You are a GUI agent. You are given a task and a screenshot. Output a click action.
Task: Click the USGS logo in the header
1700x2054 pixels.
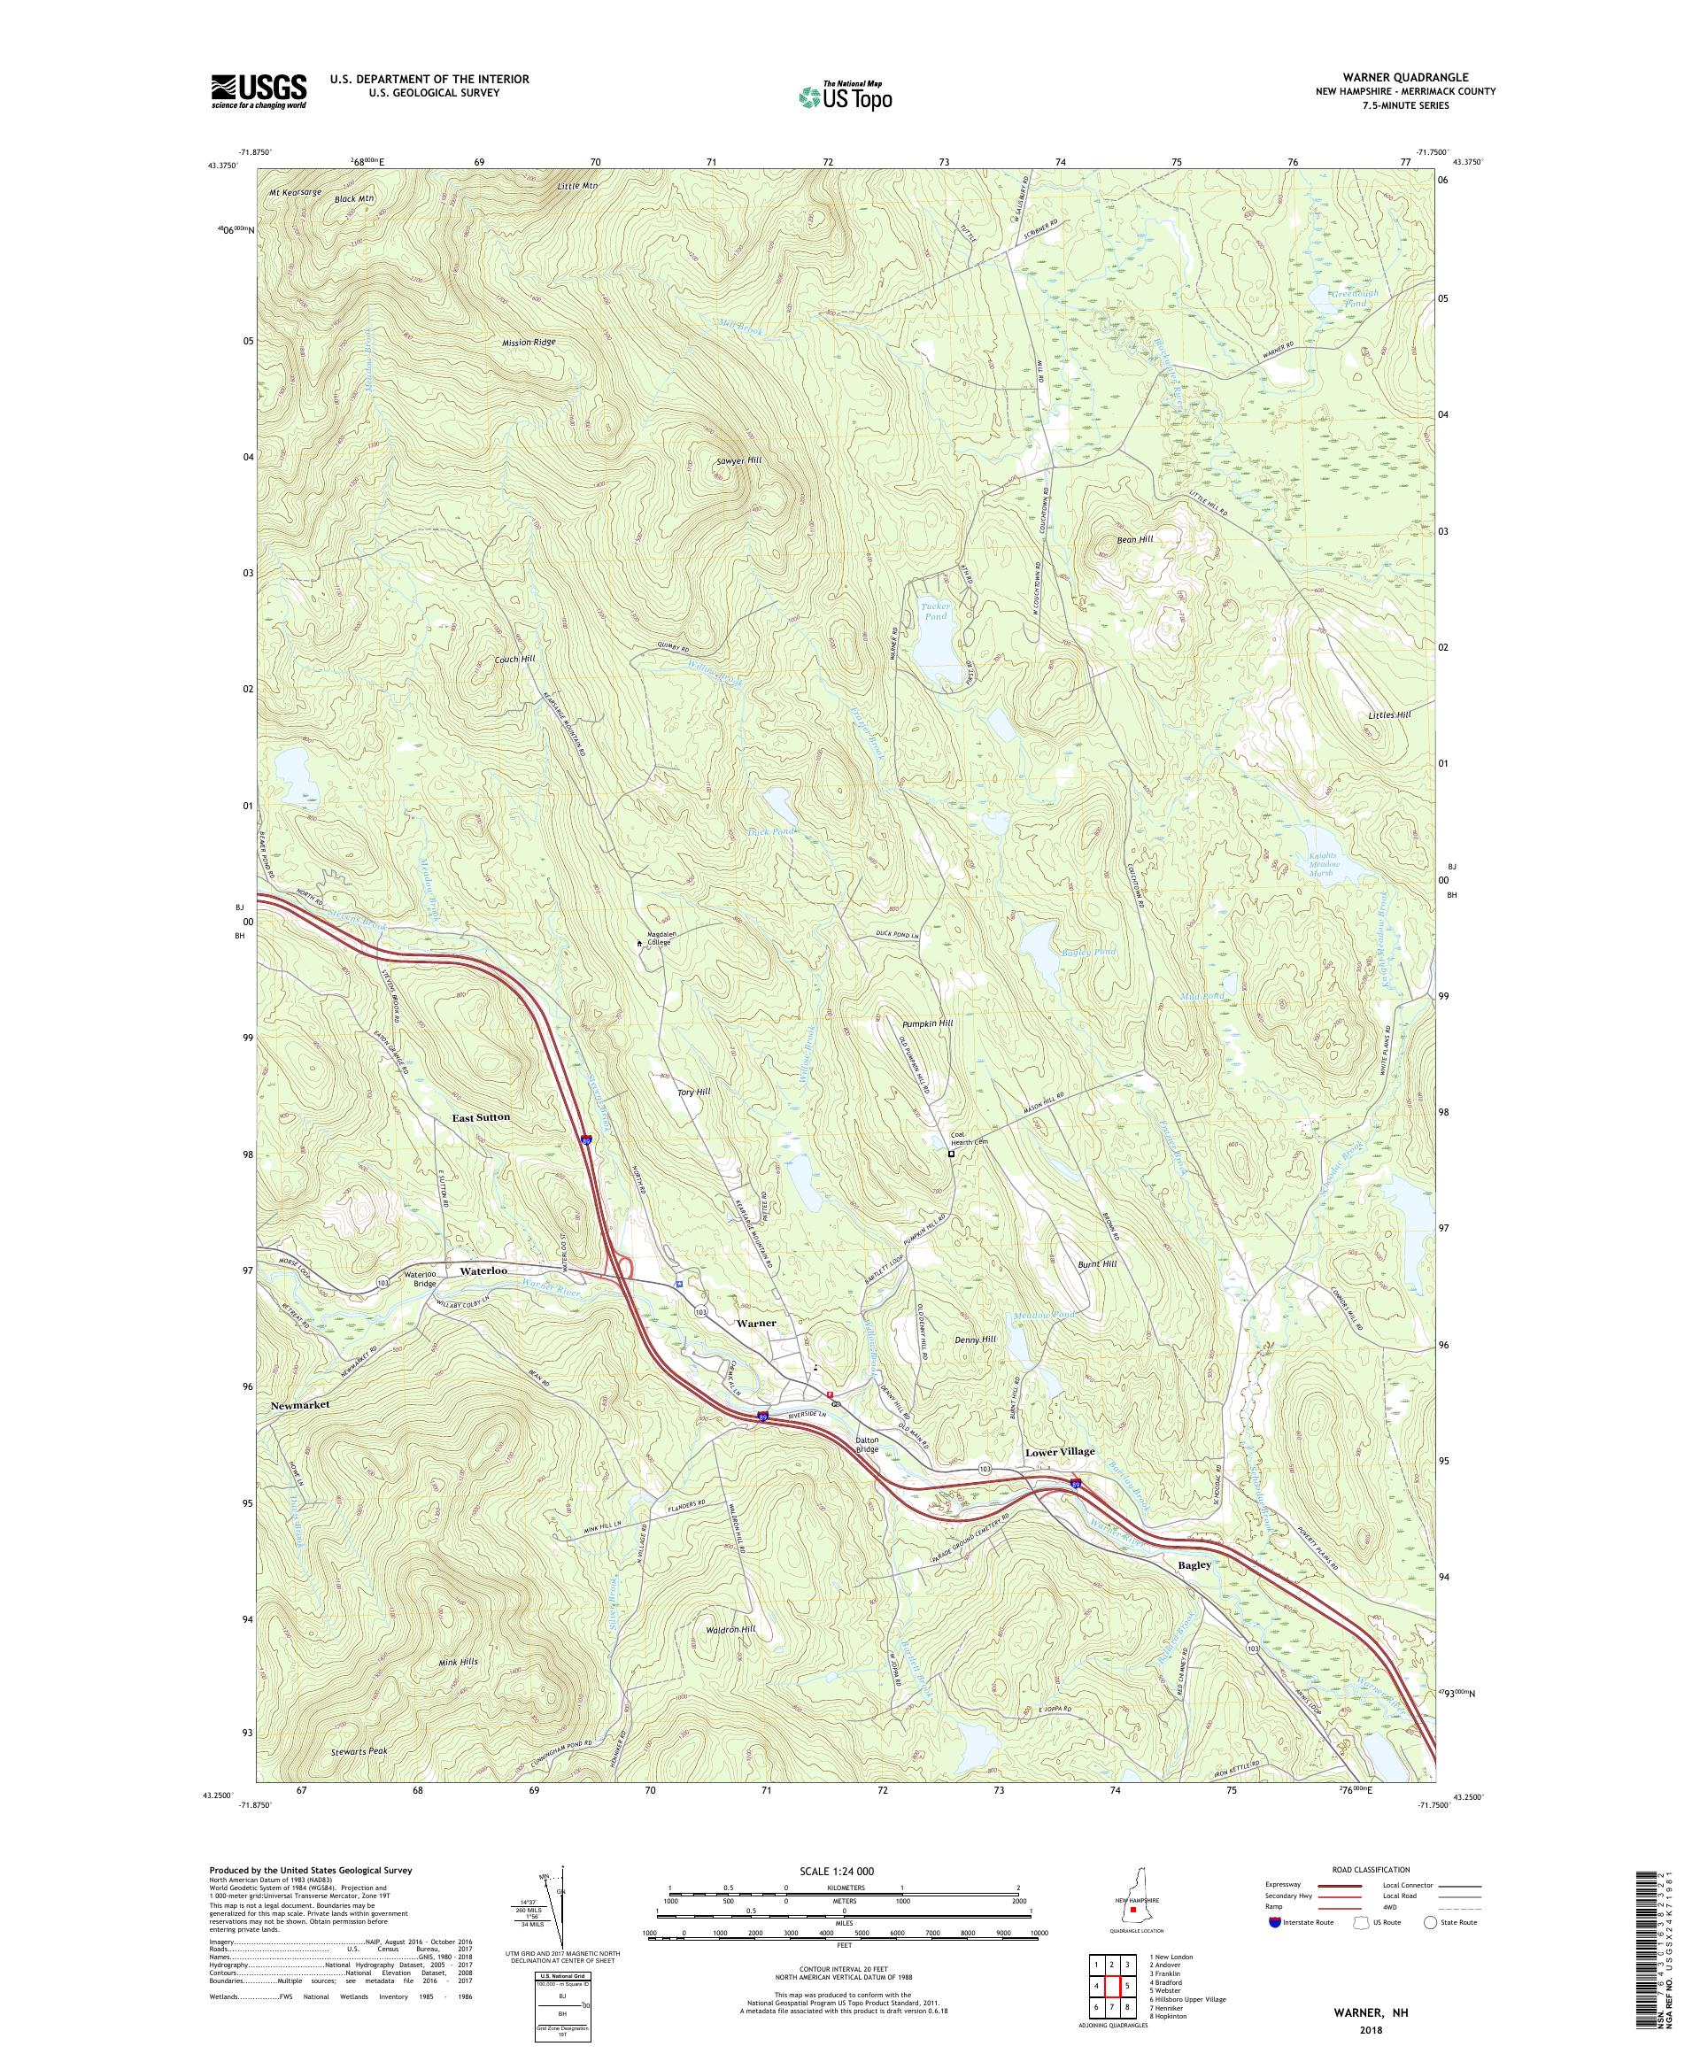click(259, 91)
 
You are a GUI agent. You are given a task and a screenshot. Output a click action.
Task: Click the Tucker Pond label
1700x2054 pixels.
click(936, 611)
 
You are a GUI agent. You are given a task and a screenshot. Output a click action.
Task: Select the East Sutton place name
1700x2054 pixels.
click(480, 1116)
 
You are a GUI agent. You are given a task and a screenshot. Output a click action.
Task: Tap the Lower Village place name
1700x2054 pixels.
click(1059, 1451)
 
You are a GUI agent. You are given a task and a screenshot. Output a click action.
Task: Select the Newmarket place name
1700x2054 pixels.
click(300, 1403)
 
